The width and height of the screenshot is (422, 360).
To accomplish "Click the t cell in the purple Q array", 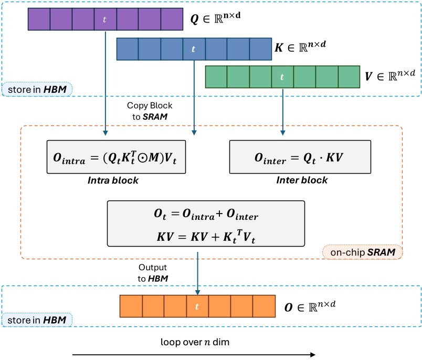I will click(x=105, y=19).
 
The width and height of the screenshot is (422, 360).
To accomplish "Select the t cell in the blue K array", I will click(x=194, y=49).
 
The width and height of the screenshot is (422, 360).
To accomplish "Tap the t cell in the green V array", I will click(x=282, y=77).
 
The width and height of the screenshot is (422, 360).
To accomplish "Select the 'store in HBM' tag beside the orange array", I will click(x=37, y=320).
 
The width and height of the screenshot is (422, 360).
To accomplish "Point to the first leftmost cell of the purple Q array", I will click(x=38, y=19).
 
